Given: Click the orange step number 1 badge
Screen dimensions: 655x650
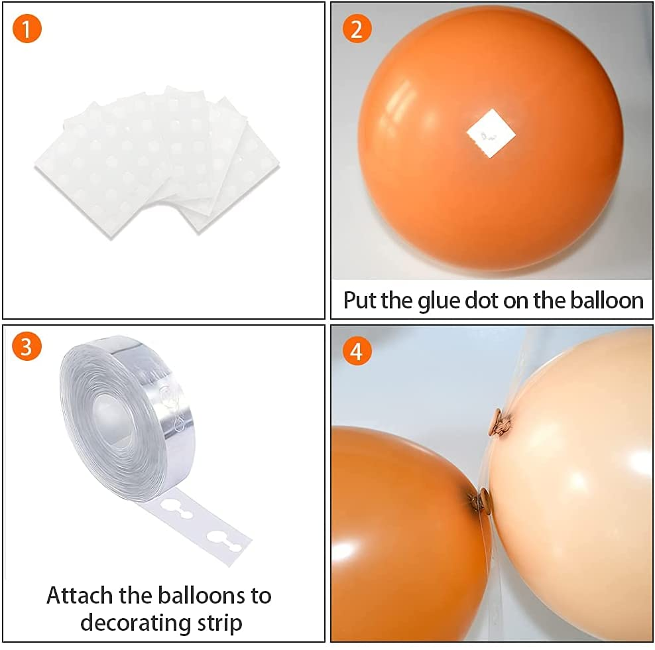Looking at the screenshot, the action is [27, 29].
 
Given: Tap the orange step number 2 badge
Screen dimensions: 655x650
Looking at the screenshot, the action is [357, 29].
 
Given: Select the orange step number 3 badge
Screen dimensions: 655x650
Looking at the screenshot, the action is [27, 346].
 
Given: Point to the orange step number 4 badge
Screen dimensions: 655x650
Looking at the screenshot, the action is [357, 351].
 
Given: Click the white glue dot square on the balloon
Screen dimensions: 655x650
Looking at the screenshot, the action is [491, 133].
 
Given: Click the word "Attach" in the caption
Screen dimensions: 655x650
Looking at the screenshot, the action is [80, 595].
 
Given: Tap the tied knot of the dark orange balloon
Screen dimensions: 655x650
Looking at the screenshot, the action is [481, 500].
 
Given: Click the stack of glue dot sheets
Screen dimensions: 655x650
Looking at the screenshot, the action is [157, 162].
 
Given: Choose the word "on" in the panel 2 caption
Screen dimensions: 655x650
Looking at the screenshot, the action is [516, 302].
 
